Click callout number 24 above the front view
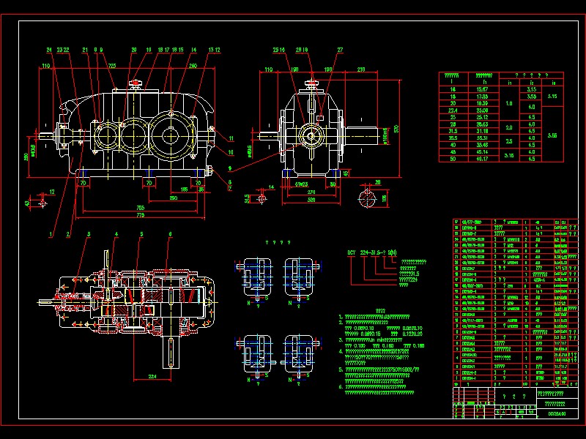point(49,50)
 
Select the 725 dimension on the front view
point(112,65)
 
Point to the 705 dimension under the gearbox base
point(139,207)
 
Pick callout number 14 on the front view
point(193,50)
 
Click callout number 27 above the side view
point(340,50)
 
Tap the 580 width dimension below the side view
point(311,198)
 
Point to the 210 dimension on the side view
point(361,70)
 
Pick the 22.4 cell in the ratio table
point(452,110)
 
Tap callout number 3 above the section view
point(88,233)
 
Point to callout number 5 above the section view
point(141,233)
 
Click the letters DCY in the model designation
point(352,253)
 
